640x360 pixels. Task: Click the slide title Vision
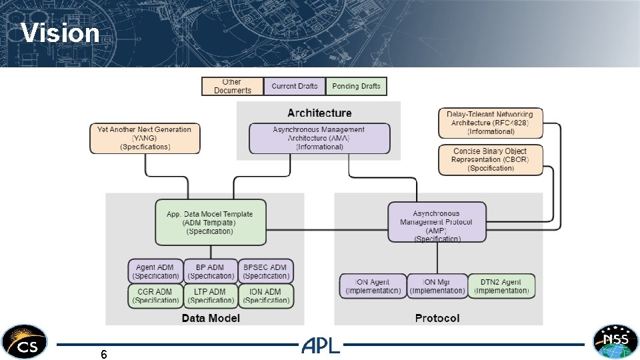pos(60,33)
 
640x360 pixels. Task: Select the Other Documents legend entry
pos(233,86)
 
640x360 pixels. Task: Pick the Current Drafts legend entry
pos(294,86)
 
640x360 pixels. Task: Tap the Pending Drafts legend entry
pos(356,86)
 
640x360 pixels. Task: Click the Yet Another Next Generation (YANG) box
pos(144,138)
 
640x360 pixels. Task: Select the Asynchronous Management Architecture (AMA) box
pos(319,138)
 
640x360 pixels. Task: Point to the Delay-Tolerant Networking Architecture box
pos(491,123)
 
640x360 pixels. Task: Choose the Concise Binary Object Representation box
pos(491,160)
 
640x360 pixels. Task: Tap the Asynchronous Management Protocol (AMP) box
pos(437,222)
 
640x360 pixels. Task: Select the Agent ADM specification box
pos(155,271)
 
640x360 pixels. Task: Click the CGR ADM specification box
pos(155,296)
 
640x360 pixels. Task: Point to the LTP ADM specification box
pos(211,296)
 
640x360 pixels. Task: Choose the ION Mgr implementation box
pos(437,286)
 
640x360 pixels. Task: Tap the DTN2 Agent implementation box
pos(501,286)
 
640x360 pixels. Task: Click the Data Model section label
pos(210,318)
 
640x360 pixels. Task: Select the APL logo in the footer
pos(321,345)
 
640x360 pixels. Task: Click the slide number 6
pos(104,355)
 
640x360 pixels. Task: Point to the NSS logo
pos(615,342)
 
